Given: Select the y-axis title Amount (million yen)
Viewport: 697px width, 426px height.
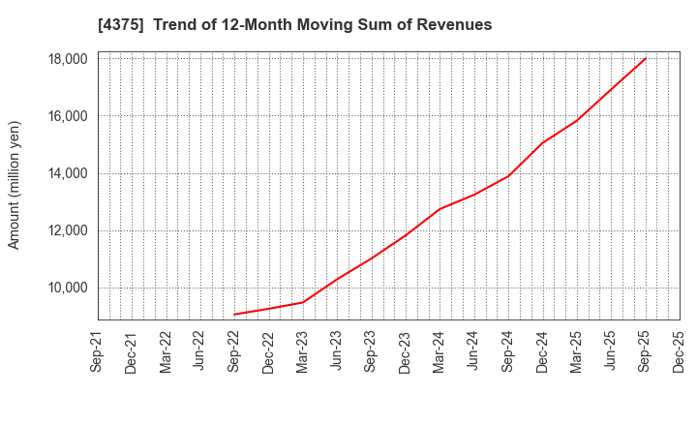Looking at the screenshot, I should (x=15, y=185).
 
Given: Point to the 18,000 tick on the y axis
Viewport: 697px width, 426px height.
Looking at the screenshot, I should (x=68, y=59).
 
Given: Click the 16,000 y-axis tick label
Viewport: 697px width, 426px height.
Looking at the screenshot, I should (x=68, y=116).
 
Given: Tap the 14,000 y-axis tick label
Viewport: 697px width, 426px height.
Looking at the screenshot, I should (x=68, y=173).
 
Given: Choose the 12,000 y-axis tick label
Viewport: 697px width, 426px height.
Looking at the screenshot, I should (x=68, y=230).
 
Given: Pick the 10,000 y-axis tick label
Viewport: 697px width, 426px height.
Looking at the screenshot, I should (x=68, y=288).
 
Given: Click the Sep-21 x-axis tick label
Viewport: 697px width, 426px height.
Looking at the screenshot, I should (x=98, y=353).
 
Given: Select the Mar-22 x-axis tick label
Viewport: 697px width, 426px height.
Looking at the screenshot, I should (x=167, y=353).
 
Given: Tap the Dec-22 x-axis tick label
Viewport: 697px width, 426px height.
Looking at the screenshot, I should (x=268, y=353).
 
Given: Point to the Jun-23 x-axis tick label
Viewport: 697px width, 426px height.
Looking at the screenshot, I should (x=337, y=353).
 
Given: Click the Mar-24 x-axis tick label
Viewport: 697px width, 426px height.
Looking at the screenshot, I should (x=439, y=353).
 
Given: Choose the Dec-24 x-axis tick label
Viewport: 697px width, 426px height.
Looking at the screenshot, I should (x=542, y=353).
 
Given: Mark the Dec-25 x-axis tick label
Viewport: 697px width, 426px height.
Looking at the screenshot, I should (x=679, y=353).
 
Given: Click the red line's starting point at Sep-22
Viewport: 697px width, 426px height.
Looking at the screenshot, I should (x=234, y=314).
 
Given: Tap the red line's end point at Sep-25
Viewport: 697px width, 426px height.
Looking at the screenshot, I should (x=645, y=59).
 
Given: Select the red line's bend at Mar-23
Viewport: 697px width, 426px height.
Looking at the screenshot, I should (x=303, y=302).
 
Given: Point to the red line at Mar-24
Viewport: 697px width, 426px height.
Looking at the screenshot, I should (x=439, y=209).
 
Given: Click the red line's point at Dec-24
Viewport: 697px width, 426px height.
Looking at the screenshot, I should (x=542, y=142).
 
